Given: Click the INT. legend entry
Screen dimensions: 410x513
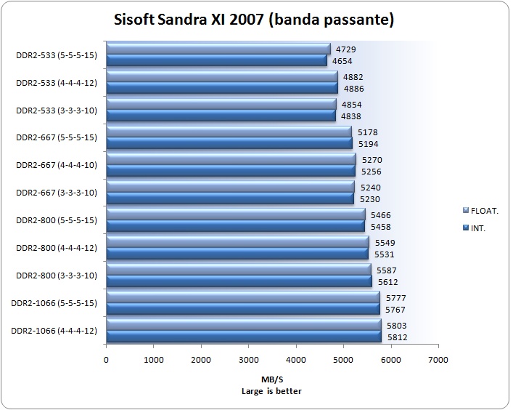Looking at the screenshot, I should (x=477, y=228).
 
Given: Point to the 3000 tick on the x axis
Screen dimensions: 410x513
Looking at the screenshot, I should (x=248, y=359).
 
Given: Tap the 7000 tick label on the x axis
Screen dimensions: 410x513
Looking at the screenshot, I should (x=438, y=359).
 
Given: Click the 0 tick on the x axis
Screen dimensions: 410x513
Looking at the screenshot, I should (x=107, y=359).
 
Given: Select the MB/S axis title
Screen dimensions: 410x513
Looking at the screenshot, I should (x=272, y=380).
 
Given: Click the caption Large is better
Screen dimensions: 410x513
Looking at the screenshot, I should (x=272, y=391).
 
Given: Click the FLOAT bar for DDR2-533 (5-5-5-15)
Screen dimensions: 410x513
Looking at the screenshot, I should (x=218, y=49).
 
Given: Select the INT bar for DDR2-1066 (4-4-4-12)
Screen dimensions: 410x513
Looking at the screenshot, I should (x=244, y=337).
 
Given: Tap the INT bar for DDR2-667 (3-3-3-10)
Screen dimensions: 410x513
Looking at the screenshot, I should (x=230, y=199).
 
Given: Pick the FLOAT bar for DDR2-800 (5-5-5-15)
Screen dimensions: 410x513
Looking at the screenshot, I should (x=235, y=214).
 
